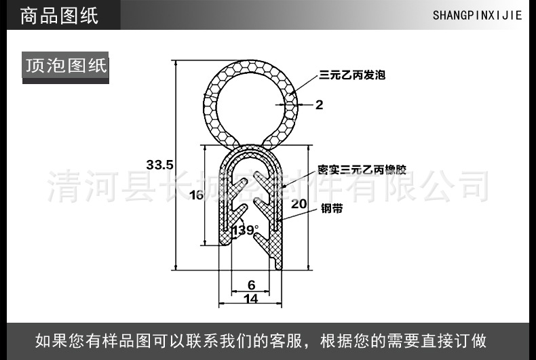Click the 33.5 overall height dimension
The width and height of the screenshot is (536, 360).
click(x=160, y=164)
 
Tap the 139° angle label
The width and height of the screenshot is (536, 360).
click(x=245, y=231)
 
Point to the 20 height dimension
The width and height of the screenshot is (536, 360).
click(x=299, y=203)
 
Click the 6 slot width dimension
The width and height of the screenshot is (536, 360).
click(x=251, y=285)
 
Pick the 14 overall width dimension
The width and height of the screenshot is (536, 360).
click(x=250, y=298)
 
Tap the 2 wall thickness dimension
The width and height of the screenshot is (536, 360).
click(x=319, y=104)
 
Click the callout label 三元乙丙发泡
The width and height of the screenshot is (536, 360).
click(x=352, y=75)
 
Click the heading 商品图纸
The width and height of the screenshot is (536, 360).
click(x=60, y=15)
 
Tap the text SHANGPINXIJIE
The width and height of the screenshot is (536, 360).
click(x=477, y=15)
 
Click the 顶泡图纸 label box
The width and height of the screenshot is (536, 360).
click(x=66, y=66)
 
